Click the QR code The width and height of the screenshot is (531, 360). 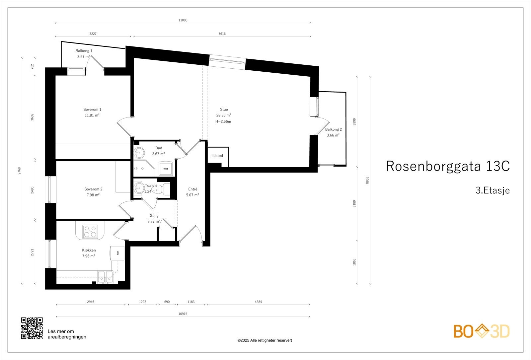[32, 328]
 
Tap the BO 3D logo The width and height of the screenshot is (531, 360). [482, 331]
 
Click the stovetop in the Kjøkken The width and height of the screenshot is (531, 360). [90, 231]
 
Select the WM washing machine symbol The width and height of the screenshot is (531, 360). [165, 169]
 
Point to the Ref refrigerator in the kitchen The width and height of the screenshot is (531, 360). [117, 253]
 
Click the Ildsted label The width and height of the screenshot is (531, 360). [217, 156]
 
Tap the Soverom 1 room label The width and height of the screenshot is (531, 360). [92, 109]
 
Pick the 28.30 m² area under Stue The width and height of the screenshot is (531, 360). [224, 115]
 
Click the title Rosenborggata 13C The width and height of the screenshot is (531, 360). [447, 166]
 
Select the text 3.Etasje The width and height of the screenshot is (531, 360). [493, 190]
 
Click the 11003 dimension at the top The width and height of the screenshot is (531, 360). [183, 20]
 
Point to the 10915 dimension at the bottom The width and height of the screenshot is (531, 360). [183, 314]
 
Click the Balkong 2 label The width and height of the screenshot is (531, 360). [333, 130]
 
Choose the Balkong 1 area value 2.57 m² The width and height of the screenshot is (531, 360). [83, 57]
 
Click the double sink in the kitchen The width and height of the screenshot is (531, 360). [105, 276]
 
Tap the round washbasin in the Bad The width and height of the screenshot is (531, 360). [139, 153]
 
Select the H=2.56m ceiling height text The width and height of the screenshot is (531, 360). [223, 121]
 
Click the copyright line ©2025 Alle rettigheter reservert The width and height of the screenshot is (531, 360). [265, 340]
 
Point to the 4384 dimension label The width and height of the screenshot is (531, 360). [258, 302]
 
